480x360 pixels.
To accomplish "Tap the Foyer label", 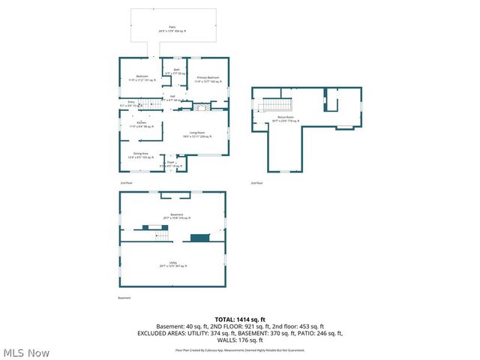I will point(170,163).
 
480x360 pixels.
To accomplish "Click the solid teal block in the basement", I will point(199,238).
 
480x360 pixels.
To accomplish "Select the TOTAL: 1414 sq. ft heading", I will point(239,319).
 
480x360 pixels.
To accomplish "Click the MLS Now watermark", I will point(26,352).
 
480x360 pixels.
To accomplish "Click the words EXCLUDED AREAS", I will point(160,332).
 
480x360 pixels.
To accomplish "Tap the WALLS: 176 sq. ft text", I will point(239,339).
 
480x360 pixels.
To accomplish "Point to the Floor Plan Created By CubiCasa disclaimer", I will point(239,349).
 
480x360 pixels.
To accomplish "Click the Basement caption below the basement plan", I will point(124,298).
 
